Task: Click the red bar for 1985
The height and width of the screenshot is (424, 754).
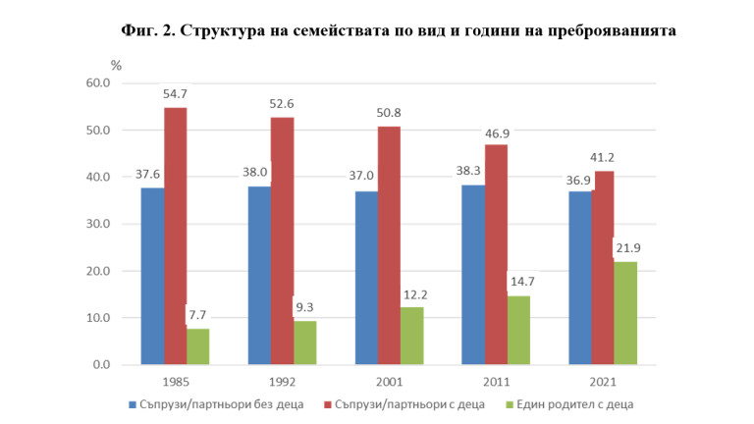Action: pyautogui.click(x=175, y=236)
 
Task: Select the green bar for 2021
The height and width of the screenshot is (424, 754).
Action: pyautogui.click(x=625, y=313)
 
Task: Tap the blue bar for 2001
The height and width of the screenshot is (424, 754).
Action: pyautogui.click(x=366, y=278)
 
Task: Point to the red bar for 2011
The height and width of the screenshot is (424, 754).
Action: pyautogui.click(x=496, y=254)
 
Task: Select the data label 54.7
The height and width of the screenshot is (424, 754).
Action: pyautogui.click(x=176, y=94)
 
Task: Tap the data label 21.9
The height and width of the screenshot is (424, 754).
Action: pyautogui.click(x=626, y=248)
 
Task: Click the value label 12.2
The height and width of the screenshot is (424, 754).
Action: pyautogui.click(x=413, y=294)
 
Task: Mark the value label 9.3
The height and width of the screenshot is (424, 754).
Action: pyautogui.click(x=305, y=307)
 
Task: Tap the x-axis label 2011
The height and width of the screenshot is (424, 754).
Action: pyautogui.click(x=497, y=381)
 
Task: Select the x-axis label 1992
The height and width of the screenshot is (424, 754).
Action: pyautogui.click(x=282, y=381)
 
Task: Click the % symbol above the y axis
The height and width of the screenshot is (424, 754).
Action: pyautogui.click(x=116, y=65)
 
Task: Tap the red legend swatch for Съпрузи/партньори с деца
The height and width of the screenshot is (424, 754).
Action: pyautogui.click(x=327, y=402)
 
